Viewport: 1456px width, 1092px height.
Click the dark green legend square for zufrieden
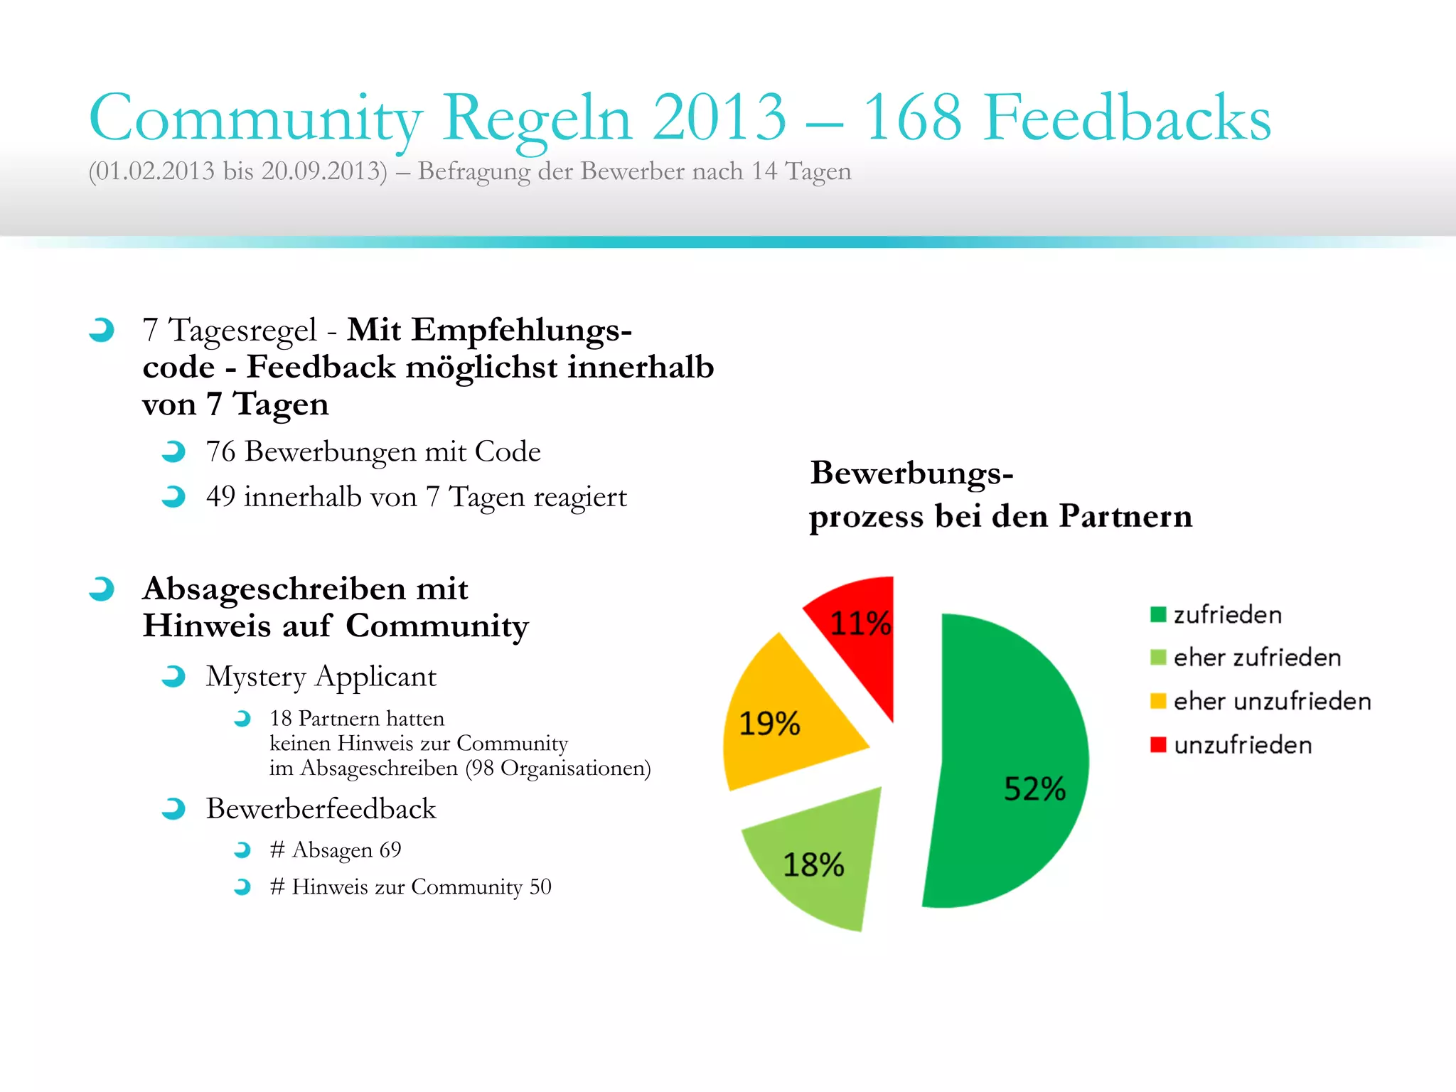[x=1158, y=614]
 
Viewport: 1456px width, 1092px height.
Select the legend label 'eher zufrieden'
[x=1257, y=658]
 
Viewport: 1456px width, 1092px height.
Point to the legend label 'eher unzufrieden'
[x=1272, y=702]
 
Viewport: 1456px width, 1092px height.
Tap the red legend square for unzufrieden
[x=1158, y=744]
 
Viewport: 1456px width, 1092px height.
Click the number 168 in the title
[x=912, y=117]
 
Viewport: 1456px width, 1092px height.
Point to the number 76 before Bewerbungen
[x=220, y=452]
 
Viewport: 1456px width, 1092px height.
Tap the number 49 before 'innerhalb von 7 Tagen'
[x=220, y=497]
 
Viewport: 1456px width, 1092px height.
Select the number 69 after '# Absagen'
[x=390, y=850]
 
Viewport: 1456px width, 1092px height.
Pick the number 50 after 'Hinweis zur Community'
[x=540, y=887]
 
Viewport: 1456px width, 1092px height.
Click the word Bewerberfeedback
[x=321, y=809]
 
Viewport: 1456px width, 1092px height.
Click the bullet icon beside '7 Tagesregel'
[x=102, y=330]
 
